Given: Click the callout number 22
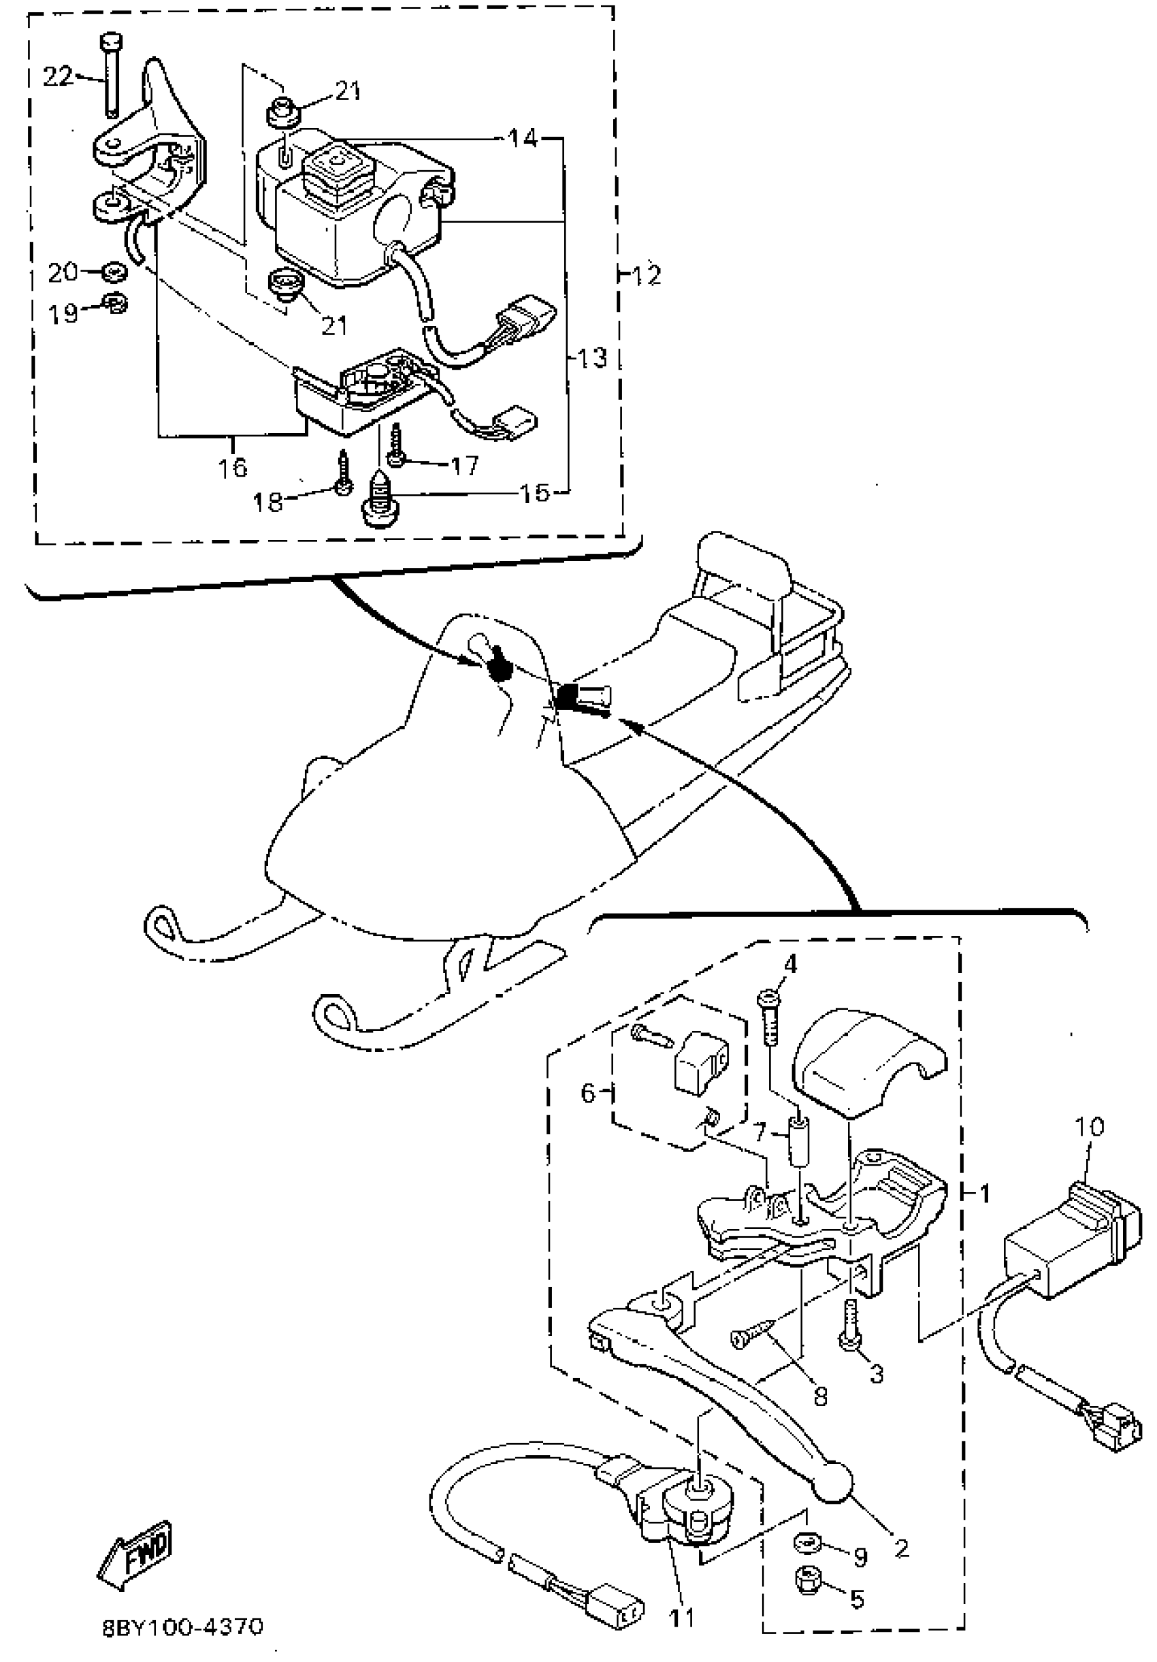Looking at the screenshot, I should (x=57, y=76).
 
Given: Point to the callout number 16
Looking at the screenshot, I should (x=233, y=468).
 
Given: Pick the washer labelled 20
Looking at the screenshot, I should (x=113, y=272).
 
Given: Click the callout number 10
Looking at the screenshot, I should (x=1089, y=1126).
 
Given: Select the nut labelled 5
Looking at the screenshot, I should (x=806, y=1579).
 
